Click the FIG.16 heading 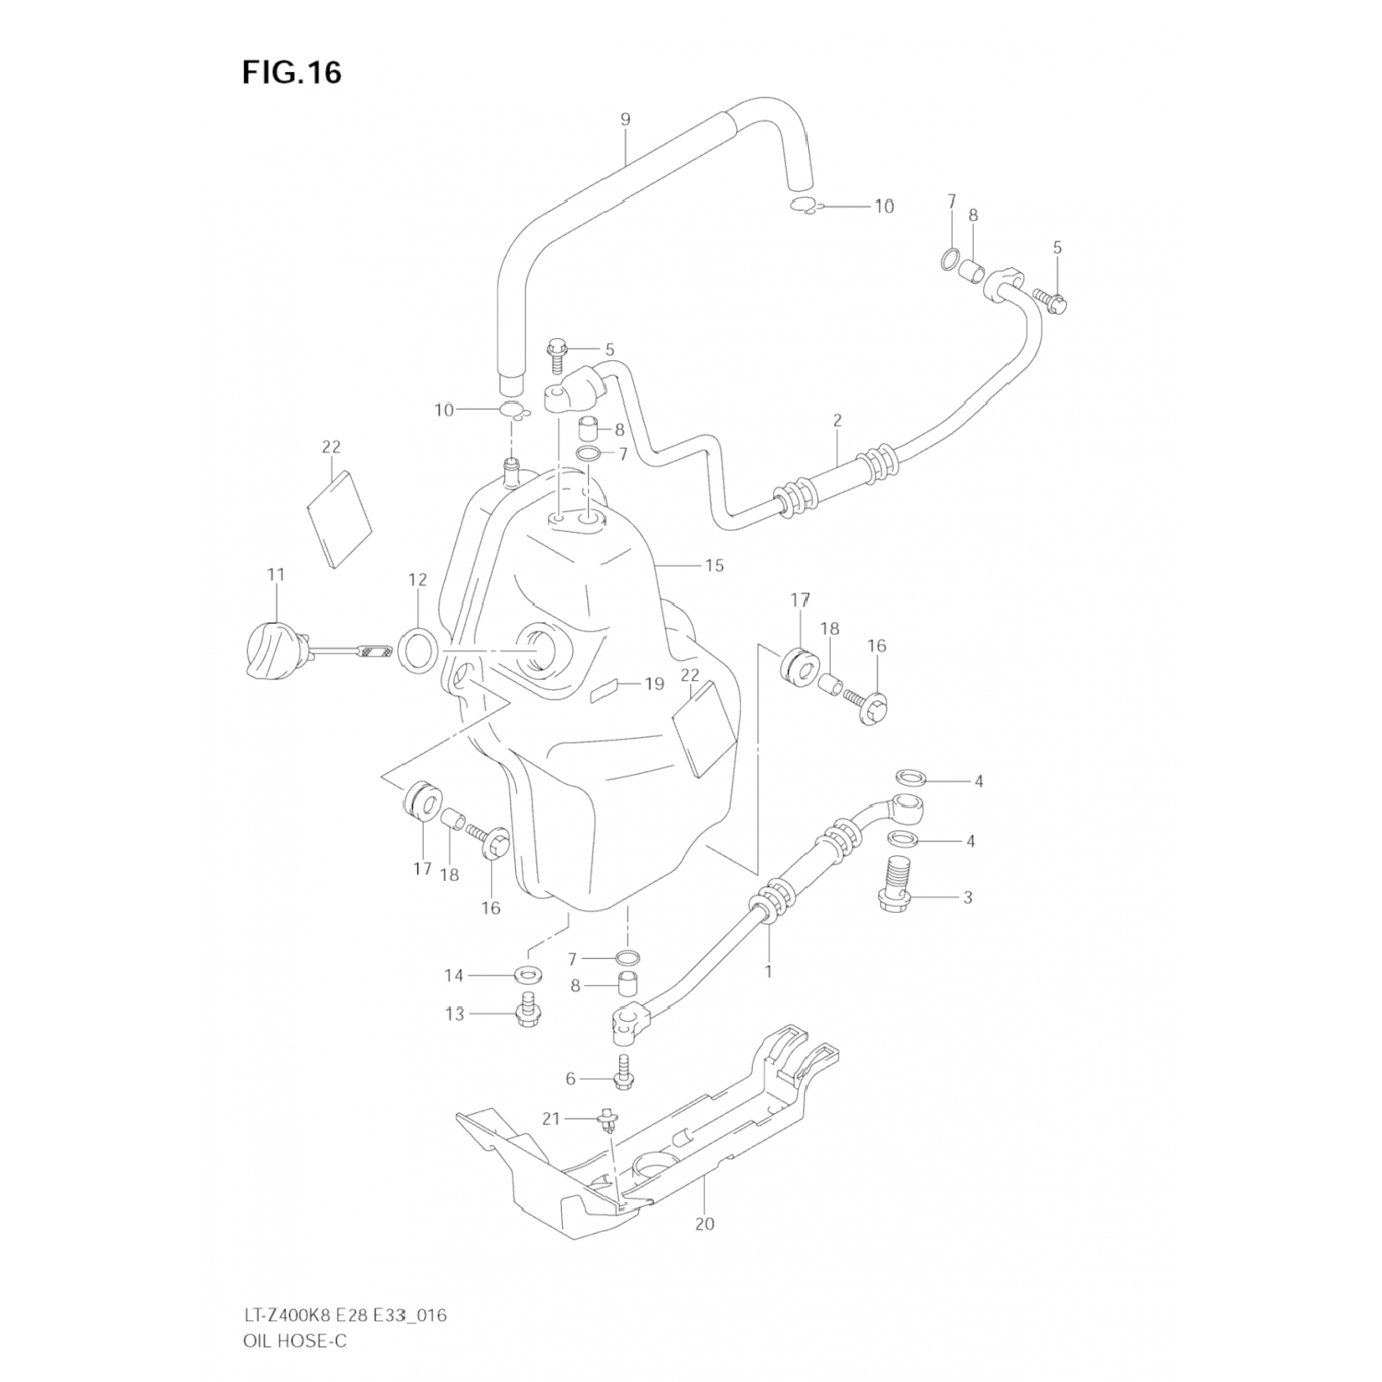(291, 72)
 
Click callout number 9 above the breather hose (625, 119)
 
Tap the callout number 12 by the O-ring (417, 580)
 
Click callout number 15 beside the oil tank (714, 565)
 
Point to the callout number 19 (654, 684)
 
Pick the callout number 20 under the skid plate (706, 1224)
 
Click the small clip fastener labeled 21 (607, 1120)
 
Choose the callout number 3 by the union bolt (967, 896)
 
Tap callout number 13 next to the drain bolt (455, 1013)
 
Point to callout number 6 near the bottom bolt (570, 1079)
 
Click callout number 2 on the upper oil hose (837, 420)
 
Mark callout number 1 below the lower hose (767, 970)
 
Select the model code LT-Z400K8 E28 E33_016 (345, 1315)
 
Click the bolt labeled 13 (528, 1012)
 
